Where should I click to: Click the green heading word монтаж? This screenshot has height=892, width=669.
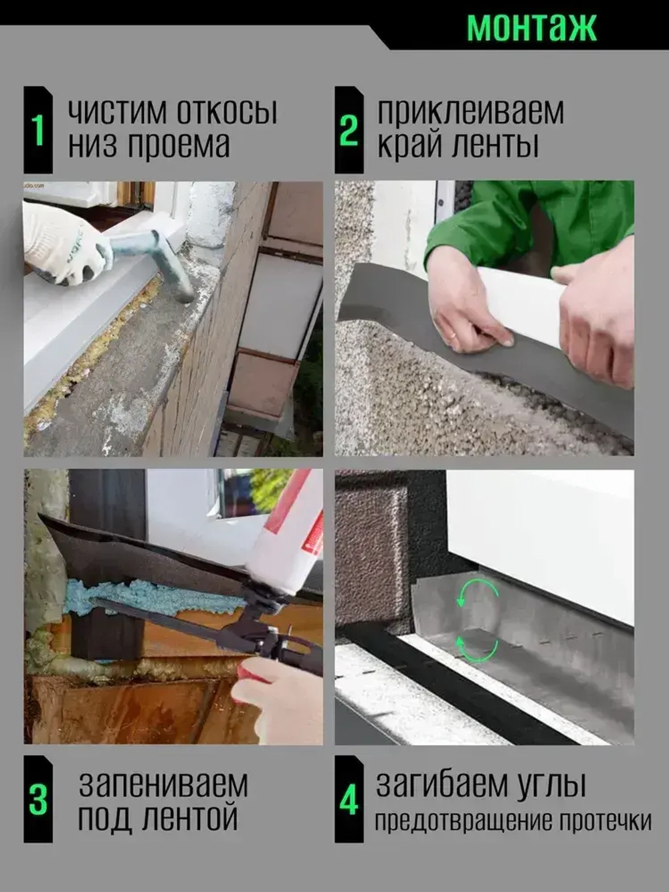pyautogui.click(x=531, y=27)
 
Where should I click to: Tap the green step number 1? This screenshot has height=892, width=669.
pyautogui.click(x=38, y=130)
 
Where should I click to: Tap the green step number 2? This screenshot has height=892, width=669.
pyautogui.click(x=349, y=130)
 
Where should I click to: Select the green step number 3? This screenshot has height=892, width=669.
pyautogui.click(x=38, y=799)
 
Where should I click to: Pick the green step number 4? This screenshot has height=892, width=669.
pyautogui.click(x=349, y=799)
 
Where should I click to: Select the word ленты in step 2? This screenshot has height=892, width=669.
pyautogui.click(x=495, y=145)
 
